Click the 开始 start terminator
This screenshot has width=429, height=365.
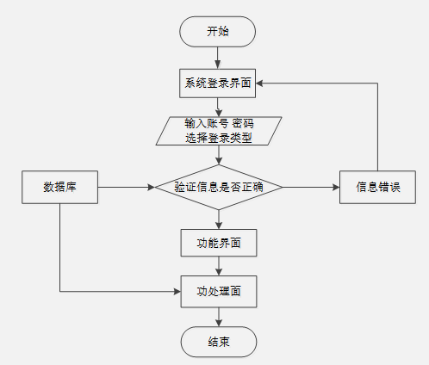pos(217,32)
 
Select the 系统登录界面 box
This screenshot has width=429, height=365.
pos(217,84)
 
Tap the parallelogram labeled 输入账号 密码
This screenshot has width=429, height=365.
pos(219,131)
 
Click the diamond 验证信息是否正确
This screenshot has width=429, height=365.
pos(219,187)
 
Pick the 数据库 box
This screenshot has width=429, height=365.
pos(59,187)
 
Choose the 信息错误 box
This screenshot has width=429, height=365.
pos(377,187)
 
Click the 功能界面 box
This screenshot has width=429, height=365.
pos(219,243)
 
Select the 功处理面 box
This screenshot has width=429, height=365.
pos(219,292)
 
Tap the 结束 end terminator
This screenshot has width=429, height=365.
pos(219,342)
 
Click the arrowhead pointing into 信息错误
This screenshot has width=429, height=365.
pos(336,187)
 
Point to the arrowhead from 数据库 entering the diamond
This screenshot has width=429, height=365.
pos(152,187)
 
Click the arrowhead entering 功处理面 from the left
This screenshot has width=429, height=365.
pos(177,292)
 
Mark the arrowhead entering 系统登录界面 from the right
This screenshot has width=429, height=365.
pos(259,84)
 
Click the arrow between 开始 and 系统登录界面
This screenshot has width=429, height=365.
pos(217,58)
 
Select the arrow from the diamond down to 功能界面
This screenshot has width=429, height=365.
pos(219,220)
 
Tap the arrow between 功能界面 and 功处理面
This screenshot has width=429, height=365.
pos(219,266)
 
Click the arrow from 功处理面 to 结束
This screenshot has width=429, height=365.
pos(219,317)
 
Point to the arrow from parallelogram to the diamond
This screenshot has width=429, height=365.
pos(219,155)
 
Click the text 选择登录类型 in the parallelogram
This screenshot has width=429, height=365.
pos(219,138)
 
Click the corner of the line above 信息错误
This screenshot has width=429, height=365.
pos(377,84)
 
